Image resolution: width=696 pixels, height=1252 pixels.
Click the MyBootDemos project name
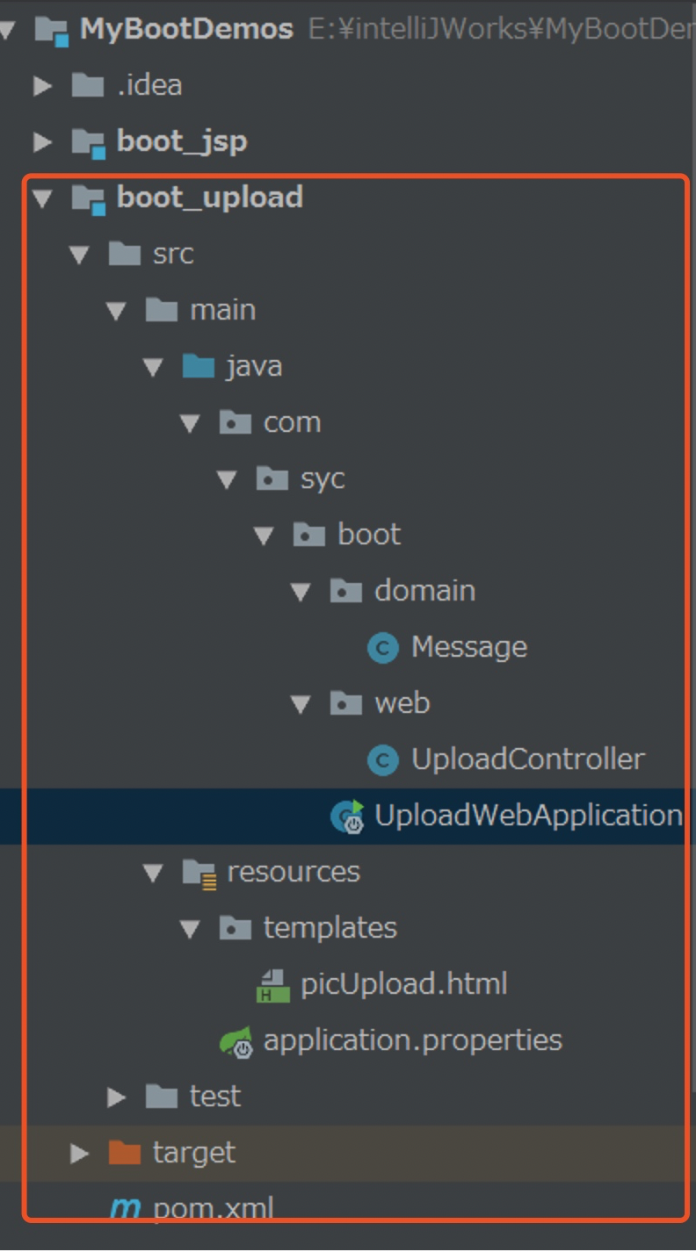(x=186, y=29)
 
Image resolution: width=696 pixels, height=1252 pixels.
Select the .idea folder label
(x=149, y=85)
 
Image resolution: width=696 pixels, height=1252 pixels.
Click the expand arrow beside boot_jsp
(x=42, y=141)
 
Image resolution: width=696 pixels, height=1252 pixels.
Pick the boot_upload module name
(x=209, y=198)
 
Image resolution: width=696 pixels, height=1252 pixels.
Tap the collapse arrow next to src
(x=79, y=255)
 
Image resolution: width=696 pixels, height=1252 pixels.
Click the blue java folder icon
(x=198, y=366)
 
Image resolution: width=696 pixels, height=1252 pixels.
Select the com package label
(x=292, y=422)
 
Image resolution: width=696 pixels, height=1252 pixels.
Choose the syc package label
(x=323, y=478)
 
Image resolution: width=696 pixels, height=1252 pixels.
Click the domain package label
(x=424, y=591)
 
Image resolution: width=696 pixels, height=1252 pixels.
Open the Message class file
(x=468, y=647)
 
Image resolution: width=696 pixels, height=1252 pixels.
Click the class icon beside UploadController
(x=382, y=759)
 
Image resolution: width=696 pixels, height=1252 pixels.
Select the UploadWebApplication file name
(x=527, y=816)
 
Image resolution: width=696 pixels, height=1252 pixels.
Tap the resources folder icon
(x=199, y=872)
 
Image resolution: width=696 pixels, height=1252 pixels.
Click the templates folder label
(x=330, y=928)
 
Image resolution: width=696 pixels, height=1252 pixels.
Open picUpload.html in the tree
(x=403, y=984)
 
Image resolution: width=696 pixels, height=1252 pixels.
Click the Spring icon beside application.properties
(x=236, y=1041)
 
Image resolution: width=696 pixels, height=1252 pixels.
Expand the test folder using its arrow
(x=116, y=1097)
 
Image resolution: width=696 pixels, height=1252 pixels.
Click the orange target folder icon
(x=124, y=1153)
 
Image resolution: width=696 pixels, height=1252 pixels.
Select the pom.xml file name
(x=213, y=1208)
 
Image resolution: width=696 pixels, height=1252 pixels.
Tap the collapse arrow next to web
(x=301, y=704)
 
